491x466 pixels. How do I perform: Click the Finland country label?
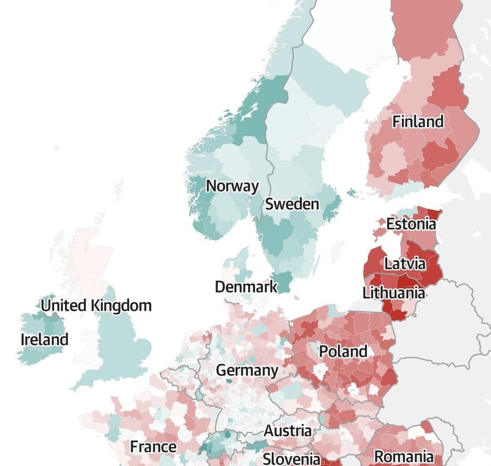click(x=418, y=122)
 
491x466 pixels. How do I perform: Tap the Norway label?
click(x=232, y=186)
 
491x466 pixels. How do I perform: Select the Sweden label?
click(x=292, y=204)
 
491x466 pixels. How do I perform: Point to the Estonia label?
click(x=411, y=224)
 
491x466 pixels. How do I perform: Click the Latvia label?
click(x=405, y=264)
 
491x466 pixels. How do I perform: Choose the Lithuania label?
click(x=394, y=293)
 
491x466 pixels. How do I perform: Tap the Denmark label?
click(x=246, y=287)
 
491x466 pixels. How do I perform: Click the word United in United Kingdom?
click(x=64, y=305)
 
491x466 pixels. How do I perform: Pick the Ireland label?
click(x=45, y=339)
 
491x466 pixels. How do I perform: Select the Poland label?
click(x=343, y=351)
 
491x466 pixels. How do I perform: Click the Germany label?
click(x=247, y=370)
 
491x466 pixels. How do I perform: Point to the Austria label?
click(x=288, y=431)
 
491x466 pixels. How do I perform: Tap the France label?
click(x=153, y=447)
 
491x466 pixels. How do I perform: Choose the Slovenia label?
click(x=291, y=458)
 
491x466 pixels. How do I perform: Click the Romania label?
click(x=403, y=456)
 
